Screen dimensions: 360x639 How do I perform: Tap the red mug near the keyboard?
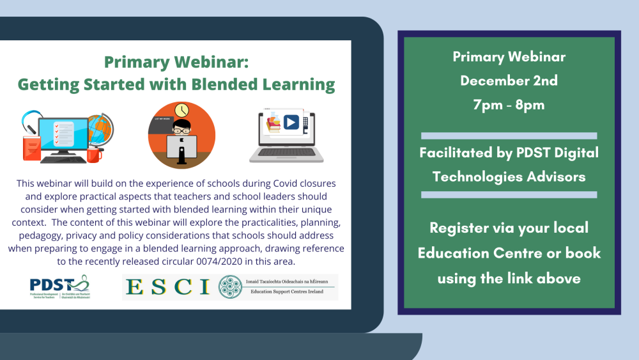[94, 153]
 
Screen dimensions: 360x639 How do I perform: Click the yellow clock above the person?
[181, 109]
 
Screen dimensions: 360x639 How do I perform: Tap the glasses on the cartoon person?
[181, 126]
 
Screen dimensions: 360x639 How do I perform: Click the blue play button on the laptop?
[291, 122]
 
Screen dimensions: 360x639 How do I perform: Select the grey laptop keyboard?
[282, 153]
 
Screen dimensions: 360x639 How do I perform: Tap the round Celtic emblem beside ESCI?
[229, 287]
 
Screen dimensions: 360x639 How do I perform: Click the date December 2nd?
[509, 81]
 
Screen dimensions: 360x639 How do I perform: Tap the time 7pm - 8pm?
[509, 104]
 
